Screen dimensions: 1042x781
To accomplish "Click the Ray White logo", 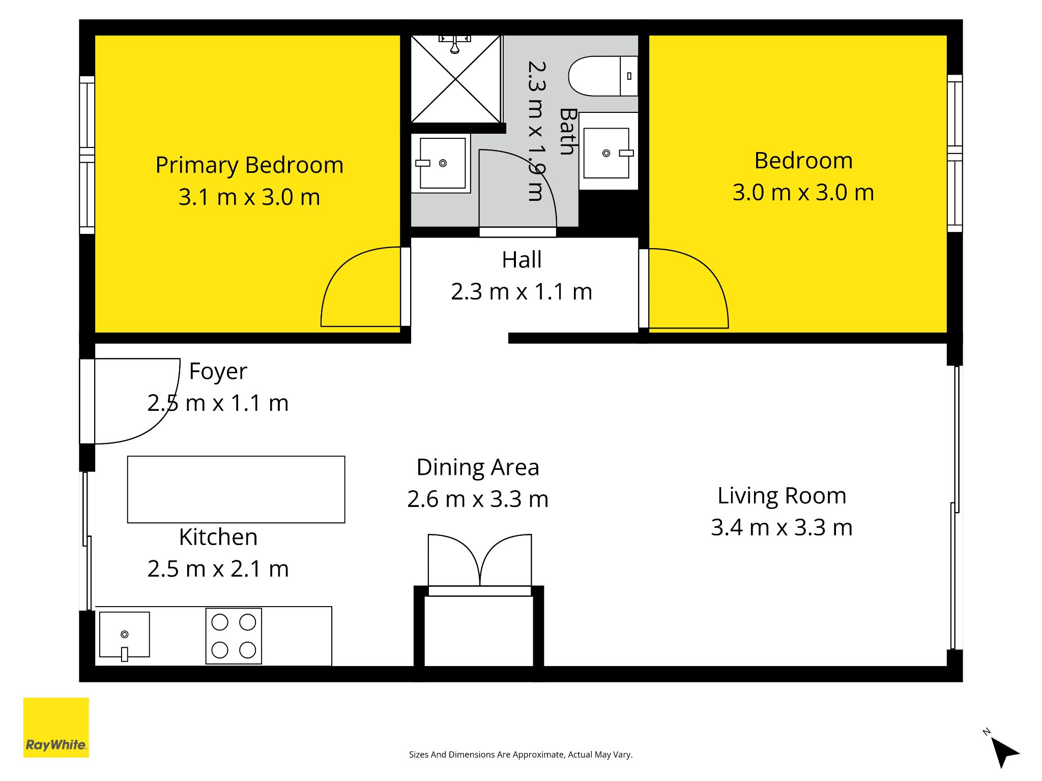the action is tap(56, 727).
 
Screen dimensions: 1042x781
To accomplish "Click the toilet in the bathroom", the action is tap(603, 76).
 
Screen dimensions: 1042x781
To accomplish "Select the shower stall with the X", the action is tap(456, 79).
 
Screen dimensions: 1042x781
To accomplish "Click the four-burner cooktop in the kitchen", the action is tap(234, 636).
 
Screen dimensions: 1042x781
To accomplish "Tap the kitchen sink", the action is tap(125, 635).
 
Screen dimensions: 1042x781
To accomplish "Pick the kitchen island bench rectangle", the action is tap(236, 489).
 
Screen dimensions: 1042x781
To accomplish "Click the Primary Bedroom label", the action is tap(249, 165).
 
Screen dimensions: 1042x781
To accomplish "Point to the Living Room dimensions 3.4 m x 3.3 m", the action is tap(781, 527).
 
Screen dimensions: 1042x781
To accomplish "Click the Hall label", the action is tap(522, 260).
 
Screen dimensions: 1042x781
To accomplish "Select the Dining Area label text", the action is tap(478, 467).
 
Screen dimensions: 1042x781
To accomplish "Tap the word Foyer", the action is tap(218, 372).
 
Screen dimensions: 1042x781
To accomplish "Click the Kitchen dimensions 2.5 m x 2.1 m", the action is tap(218, 568).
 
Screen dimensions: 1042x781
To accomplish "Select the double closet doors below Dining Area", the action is tap(480, 562).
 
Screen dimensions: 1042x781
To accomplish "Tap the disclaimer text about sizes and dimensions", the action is tap(520, 755).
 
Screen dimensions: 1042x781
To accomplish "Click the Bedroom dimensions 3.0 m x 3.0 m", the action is tap(803, 192).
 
